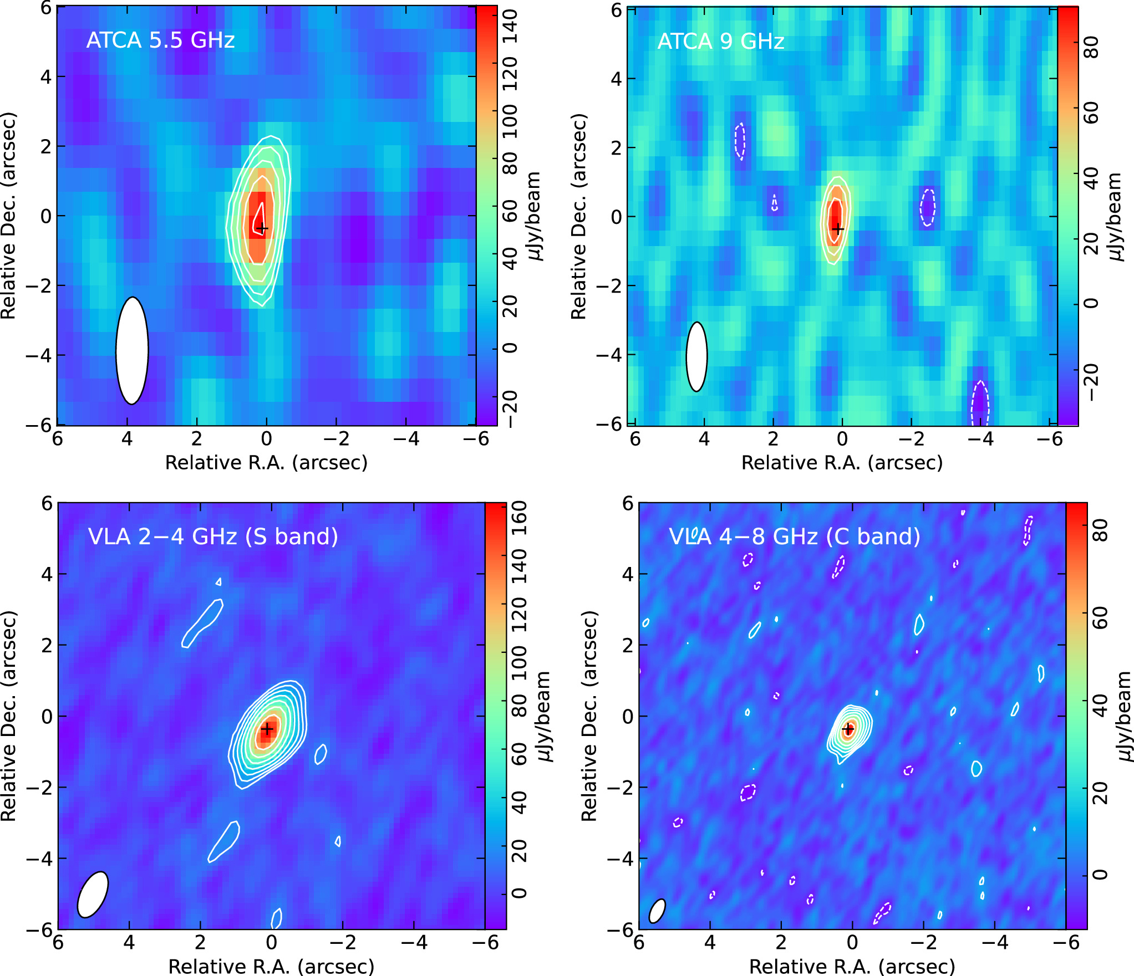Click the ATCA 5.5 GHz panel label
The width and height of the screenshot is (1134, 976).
[160, 40]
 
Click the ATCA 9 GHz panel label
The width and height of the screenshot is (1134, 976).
[720, 42]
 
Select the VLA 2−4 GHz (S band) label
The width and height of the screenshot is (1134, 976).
[213, 536]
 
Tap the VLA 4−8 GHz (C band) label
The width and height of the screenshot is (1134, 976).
[795, 536]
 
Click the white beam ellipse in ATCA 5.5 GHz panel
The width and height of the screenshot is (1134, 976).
[132, 350]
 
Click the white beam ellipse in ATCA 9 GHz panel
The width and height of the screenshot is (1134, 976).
[696, 357]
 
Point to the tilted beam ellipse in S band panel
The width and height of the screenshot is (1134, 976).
[93, 895]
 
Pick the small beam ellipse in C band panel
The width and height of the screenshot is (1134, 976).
[657, 911]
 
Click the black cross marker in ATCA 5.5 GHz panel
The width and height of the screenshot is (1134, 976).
[262, 228]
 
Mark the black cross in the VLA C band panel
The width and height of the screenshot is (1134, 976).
[848, 729]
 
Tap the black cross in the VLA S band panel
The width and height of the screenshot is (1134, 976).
[268, 728]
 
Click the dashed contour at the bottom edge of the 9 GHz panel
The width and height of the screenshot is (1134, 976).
[980, 403]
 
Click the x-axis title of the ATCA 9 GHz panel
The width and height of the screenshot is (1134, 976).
[842, 462]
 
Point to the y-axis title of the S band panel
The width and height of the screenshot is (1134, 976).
[9, 716]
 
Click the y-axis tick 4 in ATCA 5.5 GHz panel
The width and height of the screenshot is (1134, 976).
[45, 76]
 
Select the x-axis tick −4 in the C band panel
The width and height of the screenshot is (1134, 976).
[995, 942]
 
